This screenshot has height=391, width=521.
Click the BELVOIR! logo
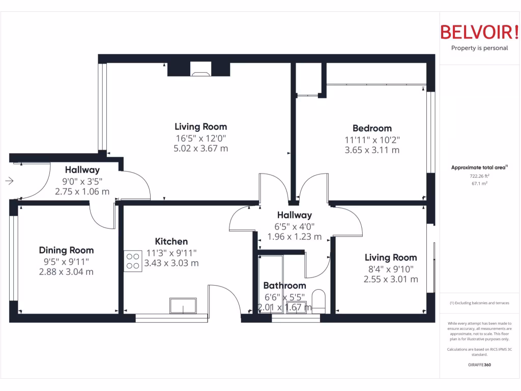point(479,32)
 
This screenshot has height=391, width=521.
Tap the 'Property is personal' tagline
point(479,48)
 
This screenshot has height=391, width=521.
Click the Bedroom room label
point(372,128)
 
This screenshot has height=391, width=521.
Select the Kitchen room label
point(171,241)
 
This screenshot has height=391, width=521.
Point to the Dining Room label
point(66,250)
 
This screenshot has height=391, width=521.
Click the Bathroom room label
point(284,286)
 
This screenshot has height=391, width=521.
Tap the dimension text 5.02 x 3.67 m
point(200,149)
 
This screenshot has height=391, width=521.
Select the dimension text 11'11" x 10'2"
point(372,139)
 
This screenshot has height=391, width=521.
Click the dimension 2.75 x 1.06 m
point(82,191)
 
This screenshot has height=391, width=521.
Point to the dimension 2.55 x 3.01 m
point(390,279)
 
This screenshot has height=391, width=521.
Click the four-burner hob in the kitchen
point(133,261)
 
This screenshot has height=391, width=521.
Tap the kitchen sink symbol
point(184,306)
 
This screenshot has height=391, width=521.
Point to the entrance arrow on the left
point(10,181)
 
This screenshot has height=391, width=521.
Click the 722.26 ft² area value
point(479,176)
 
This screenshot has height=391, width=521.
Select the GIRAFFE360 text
point(479,365)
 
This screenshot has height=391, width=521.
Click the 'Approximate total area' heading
point(479,167)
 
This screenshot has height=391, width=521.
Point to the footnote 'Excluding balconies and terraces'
point(479,303)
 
